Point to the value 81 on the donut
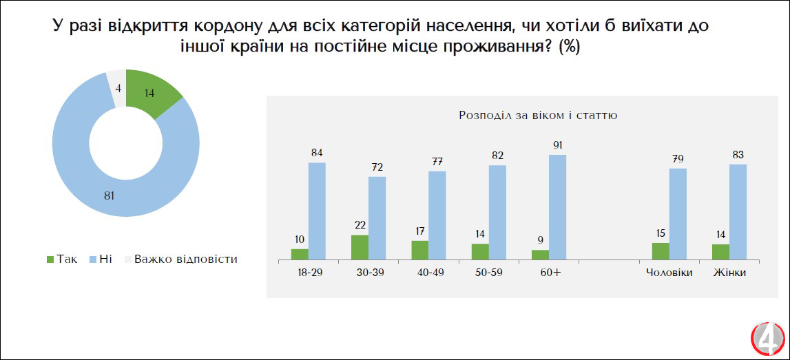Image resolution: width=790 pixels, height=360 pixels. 109,196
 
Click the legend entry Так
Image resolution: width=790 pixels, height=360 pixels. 61,260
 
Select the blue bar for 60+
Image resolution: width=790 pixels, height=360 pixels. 557,207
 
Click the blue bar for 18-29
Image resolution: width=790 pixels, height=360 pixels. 317,211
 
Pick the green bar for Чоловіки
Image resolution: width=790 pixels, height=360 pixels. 661,251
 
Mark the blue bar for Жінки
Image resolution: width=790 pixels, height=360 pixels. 738,212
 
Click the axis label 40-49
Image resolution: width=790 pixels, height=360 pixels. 430,273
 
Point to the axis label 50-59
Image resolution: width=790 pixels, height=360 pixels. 489,273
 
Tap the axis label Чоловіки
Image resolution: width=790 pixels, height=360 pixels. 669,273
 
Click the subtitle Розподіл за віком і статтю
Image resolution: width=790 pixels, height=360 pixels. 537,115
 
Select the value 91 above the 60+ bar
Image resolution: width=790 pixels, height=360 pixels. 557,145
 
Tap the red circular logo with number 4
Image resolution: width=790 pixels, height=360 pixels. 767,339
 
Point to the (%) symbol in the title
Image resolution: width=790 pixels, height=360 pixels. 569,47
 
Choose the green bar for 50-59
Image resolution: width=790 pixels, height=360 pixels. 480,252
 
